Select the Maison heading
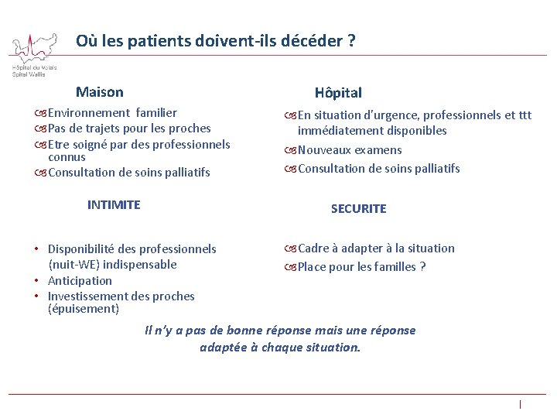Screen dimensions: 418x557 (x=99, y=92)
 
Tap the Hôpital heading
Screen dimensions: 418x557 (x=338, y=93)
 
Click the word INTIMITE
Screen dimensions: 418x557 (x=114, y=205)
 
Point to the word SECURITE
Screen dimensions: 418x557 (x=358, y=209)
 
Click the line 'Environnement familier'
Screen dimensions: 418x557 (x=112, y=113)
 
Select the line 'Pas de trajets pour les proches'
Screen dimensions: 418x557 (x=129, y=128)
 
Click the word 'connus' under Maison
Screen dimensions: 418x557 (x=67, y=157)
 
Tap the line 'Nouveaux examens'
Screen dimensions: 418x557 (x=350, y=150)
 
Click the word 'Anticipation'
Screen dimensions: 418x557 (x=80, y=281)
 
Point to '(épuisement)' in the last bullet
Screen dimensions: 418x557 (x=84, y=309)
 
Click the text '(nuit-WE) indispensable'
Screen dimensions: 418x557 (x=112, y=265)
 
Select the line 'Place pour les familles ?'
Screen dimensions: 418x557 (x=362, y=267)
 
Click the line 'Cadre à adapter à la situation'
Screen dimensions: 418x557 (x=376, y=248)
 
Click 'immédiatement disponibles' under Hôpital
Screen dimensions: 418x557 (x=372, y=131)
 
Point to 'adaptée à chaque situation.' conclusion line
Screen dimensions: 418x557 (x=280, y=348)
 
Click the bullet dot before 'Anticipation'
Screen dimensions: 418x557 (x=38, y=281)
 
